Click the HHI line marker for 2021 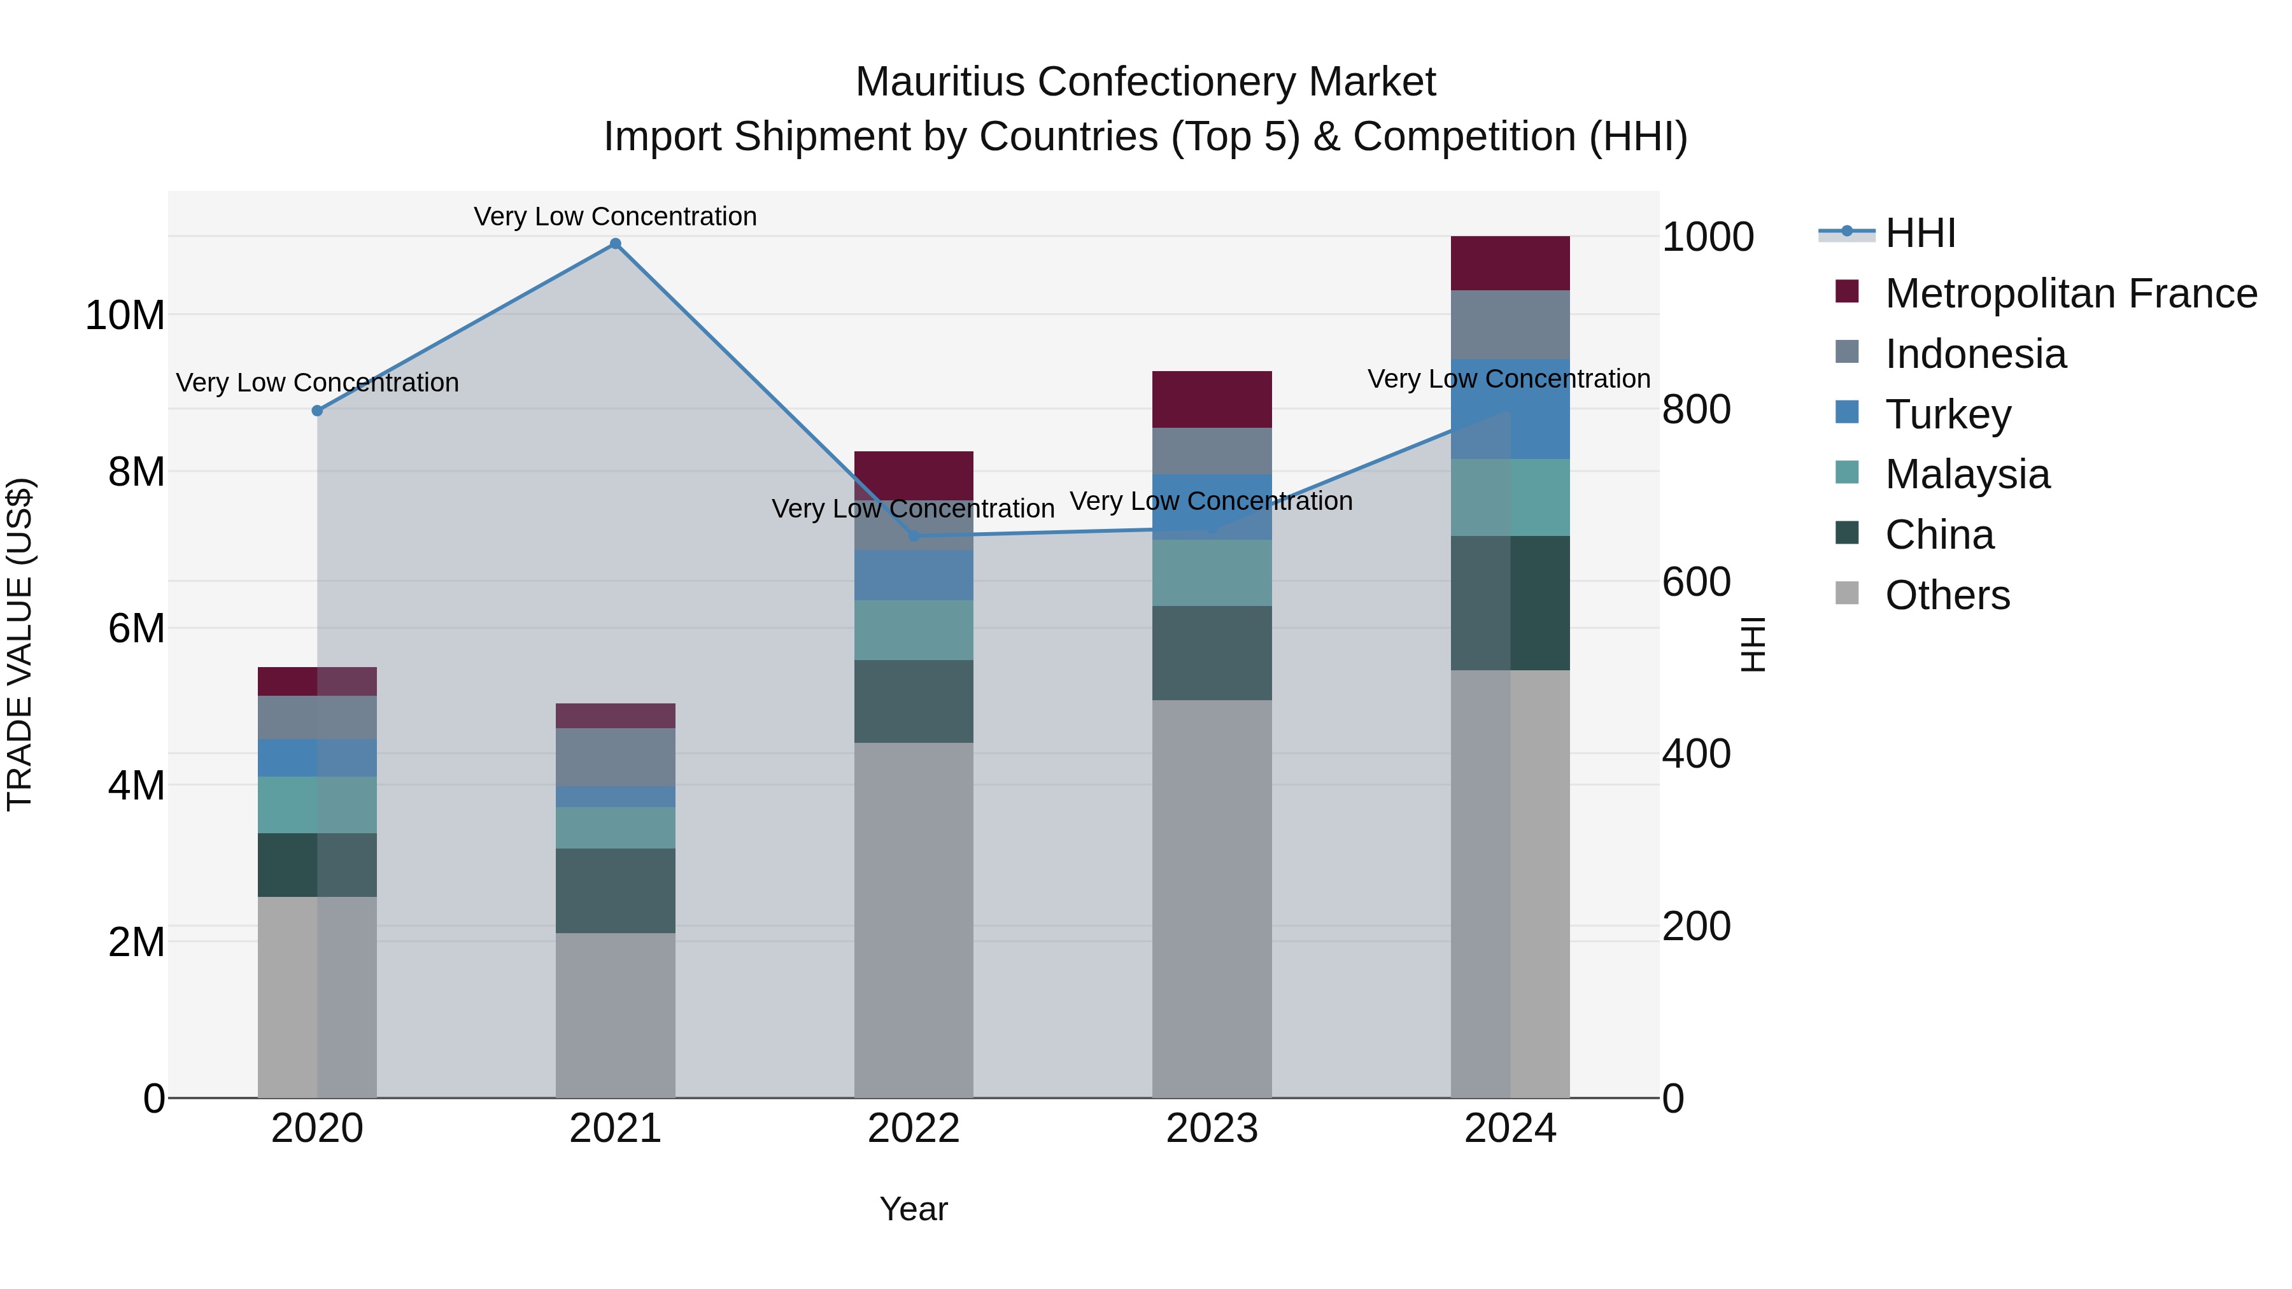(x=615, y=244)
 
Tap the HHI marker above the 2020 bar (x=317, y=410)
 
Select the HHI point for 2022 (x=914, y=535)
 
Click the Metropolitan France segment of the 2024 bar (x=1510, y=264)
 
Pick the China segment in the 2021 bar (x=615, y=891)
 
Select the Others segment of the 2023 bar (x=1212, y=898)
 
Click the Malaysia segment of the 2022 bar (x=914, y=630)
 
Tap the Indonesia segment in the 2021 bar (x=615, y=757)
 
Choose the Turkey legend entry (x=1948, y=414)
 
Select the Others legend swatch (x=1847, y=593)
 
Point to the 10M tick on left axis (x=125, y=316)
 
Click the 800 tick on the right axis (x=1696, y=410)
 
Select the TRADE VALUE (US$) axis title (x=20, y=644)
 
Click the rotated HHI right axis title (x=1752, y=644)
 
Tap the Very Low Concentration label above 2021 (x=615, y=216)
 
